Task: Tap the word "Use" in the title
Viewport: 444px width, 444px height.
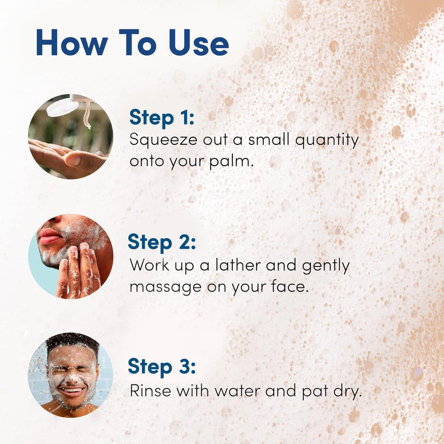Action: [199, 42]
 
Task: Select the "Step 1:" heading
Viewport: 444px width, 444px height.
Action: [162, 118]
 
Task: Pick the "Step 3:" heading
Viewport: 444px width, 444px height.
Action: [162, 366]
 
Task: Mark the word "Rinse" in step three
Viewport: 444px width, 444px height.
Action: [148, 392]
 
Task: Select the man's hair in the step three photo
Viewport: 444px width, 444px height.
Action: [72, 340]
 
